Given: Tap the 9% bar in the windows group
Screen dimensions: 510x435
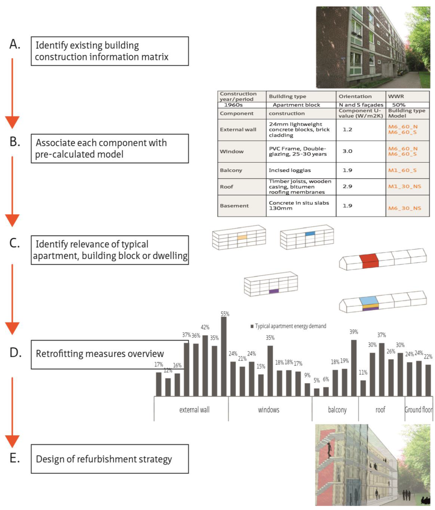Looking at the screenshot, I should [x=308, y=389].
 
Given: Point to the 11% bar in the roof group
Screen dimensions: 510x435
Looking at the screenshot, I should [x=363, y=387].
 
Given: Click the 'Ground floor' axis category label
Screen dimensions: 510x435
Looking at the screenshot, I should [x=418, y=410].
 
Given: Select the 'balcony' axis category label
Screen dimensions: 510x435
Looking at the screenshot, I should [x=337, y=410].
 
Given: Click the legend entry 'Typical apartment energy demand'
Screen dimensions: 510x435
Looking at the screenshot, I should [x=288, y=326].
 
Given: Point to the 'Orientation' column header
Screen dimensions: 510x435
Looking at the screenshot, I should [x=355, y=96].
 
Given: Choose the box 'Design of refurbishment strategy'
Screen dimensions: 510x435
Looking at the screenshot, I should [x=110, y=459].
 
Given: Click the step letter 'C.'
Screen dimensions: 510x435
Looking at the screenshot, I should [x=14, y=245].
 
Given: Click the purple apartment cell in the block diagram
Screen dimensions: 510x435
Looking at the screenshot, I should [x=274, y=291].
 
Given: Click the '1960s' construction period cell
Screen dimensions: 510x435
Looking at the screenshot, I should [x=233, y=104].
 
